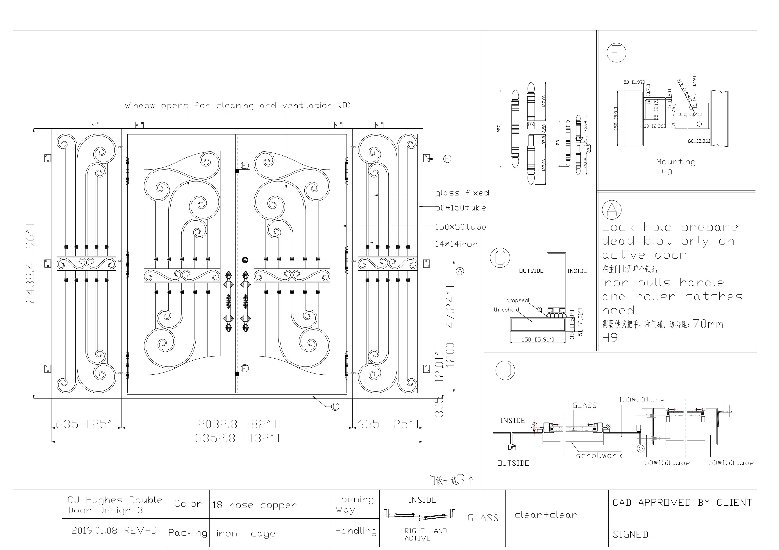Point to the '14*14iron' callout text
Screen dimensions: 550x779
point(456,244)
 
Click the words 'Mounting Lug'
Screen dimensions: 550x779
point(675,166)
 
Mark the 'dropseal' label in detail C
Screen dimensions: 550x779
point(517,300)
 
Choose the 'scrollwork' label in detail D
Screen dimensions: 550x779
point(599,455)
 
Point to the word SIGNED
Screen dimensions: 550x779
point(630,534)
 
